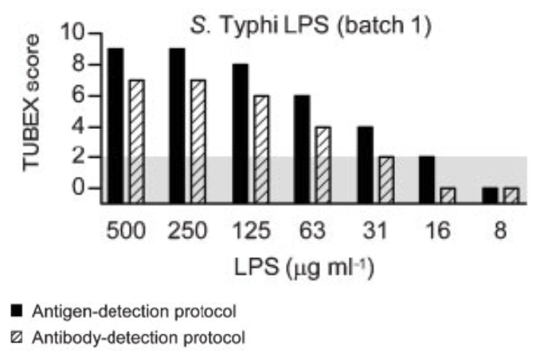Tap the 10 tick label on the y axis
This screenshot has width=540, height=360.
[72, 34]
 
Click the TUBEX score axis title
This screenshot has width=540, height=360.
[33, 112]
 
